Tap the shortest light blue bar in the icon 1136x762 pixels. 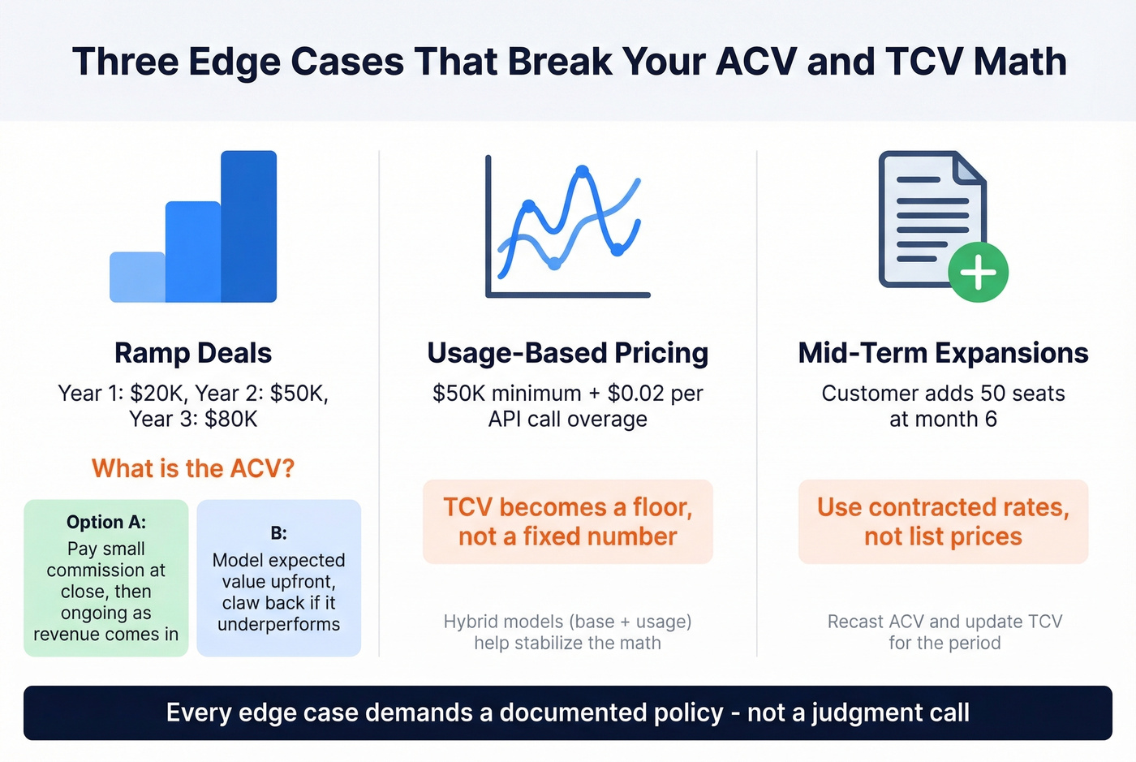(x=137, y=277)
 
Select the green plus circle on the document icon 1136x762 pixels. (x=978, y=273)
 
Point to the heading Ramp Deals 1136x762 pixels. (x=193, y=353)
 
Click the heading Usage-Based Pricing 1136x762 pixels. (x=567, y=353)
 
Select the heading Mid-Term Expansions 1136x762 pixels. (x=943, y=353)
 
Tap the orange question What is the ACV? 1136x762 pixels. (x=193, y=468)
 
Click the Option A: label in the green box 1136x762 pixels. (x=106, y=522)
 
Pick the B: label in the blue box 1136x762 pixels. (x=278, y=533)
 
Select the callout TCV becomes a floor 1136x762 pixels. (x=567, y=522)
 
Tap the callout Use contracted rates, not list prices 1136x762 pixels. (x=943, y=522)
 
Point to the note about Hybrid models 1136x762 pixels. (x=567, y=632)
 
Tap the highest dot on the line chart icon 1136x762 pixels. (x=582, y=171)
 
